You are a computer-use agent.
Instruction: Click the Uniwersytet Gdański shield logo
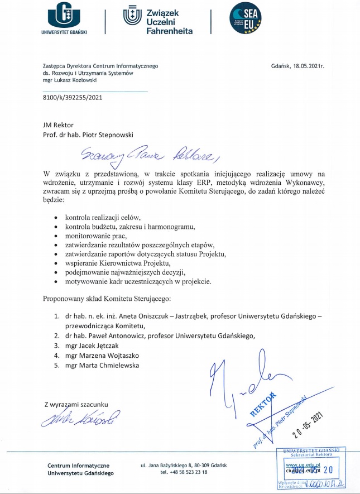coord(64,14)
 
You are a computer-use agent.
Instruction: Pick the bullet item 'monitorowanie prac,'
coord(96,236)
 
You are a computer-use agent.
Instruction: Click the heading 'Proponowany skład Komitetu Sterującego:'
coord(111,298)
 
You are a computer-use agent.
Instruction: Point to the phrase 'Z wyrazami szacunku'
coord(75,403)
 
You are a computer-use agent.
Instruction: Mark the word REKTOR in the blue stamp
coord(262,405)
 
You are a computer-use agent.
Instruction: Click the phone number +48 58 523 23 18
coord(184,472)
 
